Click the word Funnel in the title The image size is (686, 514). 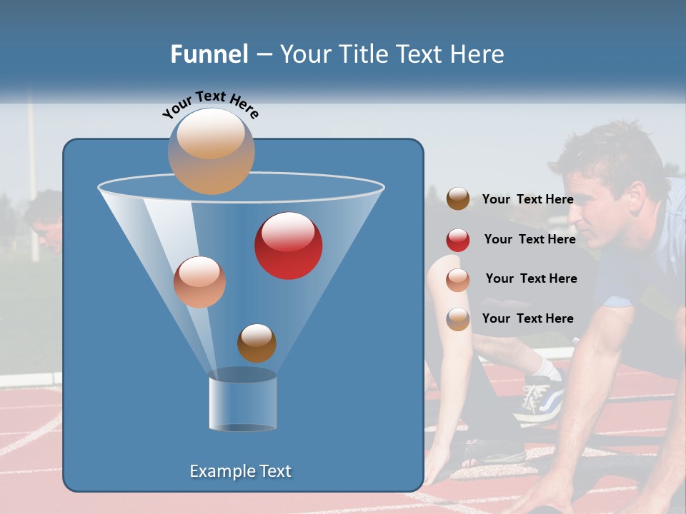point(209,54)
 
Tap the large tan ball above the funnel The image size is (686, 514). point(212,151)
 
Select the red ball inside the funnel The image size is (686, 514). point(288,246)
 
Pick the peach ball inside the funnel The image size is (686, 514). point(199,282)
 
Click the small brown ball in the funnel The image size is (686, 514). point(257,343)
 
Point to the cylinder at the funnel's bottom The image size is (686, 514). point(242,402)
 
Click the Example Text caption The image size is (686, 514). point(240,471)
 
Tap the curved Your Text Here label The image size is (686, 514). point(210,104)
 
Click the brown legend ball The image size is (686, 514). point(458,199)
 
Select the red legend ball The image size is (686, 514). point(458,240)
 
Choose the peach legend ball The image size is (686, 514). point(458,280)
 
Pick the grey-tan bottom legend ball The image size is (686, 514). point(458,319)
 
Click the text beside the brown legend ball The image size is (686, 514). point(527,199)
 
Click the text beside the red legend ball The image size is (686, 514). point(530,239)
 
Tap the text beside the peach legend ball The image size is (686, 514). point(531,278)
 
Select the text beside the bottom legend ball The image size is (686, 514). point(527,318)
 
